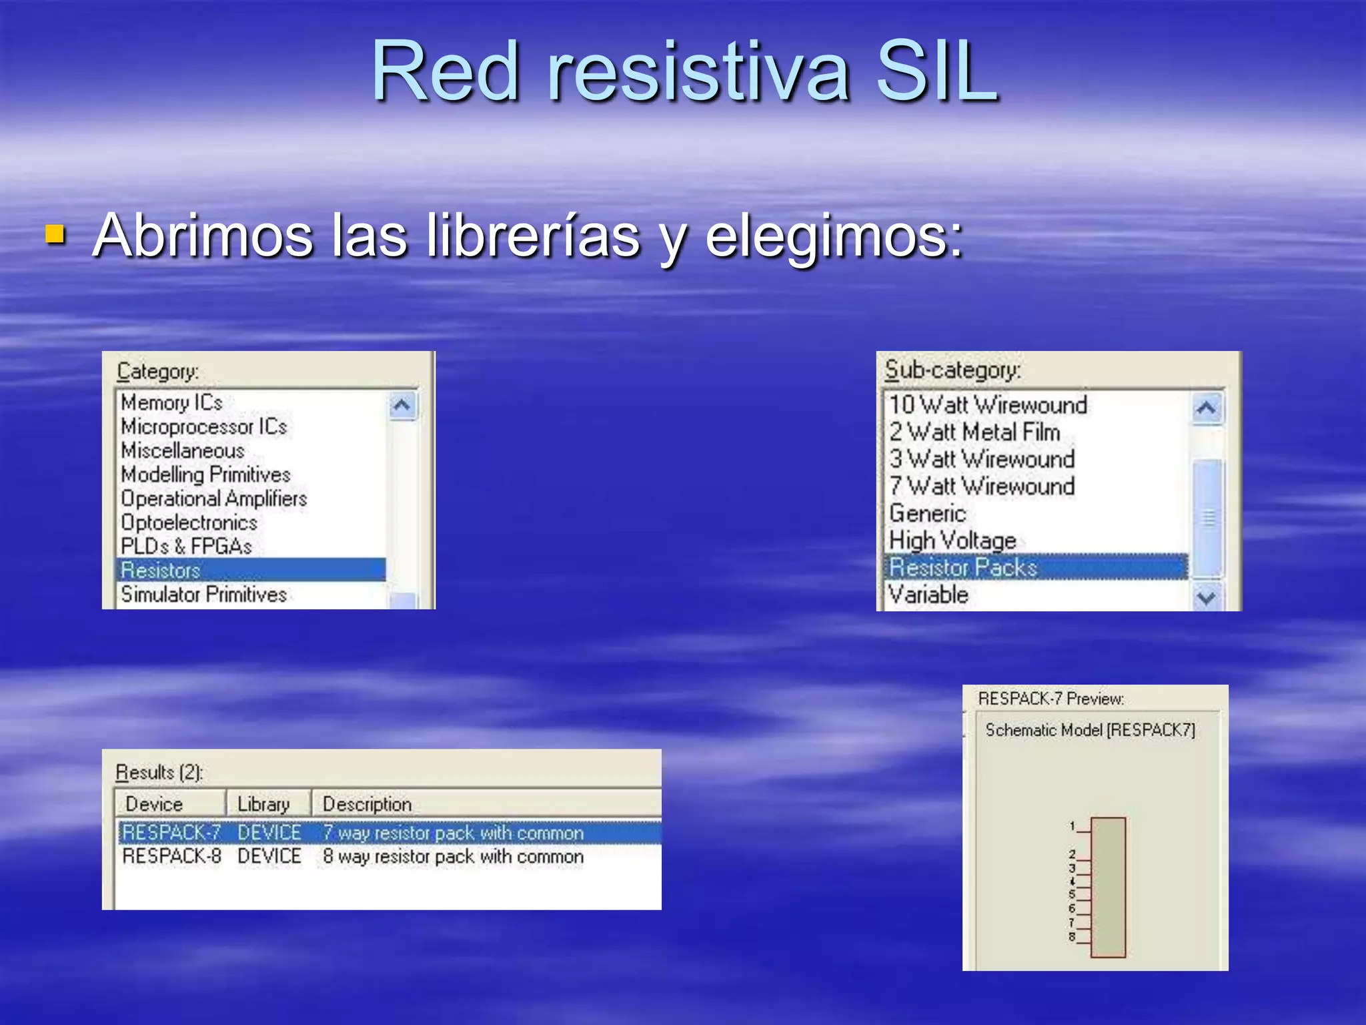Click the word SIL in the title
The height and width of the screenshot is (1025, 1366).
pyautogui.click(x=936, y=72)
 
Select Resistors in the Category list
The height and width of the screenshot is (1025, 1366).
pyautogui.click(x=161, y=571)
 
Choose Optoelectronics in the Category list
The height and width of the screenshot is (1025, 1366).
pyautogui.click(x=189, y=523)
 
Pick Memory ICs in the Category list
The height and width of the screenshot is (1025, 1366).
pyautogui.click(x=171, y=403)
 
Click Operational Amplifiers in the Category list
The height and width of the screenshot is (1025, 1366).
pyautogui.click(x=213, y=498)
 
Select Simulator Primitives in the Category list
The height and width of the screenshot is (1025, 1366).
pyautogui.click(x=203, y=595)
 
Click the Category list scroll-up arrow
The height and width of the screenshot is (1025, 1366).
pyautogui.click(x=402, y=405)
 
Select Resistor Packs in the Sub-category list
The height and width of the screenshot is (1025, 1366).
pyautogui.click(x=963, y=567)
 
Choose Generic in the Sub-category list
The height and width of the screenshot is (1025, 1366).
pyautogui.click(x=927, y=513)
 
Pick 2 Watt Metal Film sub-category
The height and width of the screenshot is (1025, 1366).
pyautogui.click(x=974, y=432)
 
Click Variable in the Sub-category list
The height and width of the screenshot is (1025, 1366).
pyautogui.click(x=928, y=595)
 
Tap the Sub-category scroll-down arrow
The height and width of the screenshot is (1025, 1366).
pyautogui.click(x=1206, y=597)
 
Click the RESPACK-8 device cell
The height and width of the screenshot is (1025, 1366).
pyautogui.click(x=171, y=856)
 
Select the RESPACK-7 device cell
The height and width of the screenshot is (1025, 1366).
pyautogui.click(x=171, y=833)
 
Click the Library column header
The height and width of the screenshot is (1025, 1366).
pyautogui.click(x=264, y=804)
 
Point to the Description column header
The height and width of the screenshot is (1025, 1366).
pyautogui.click(x=367, y=804)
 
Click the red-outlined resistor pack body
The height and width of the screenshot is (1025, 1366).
pyautogui.click(x=1108, y=888)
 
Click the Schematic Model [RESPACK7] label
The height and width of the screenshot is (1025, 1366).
pyautogui.click(x=1090, y=730)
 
